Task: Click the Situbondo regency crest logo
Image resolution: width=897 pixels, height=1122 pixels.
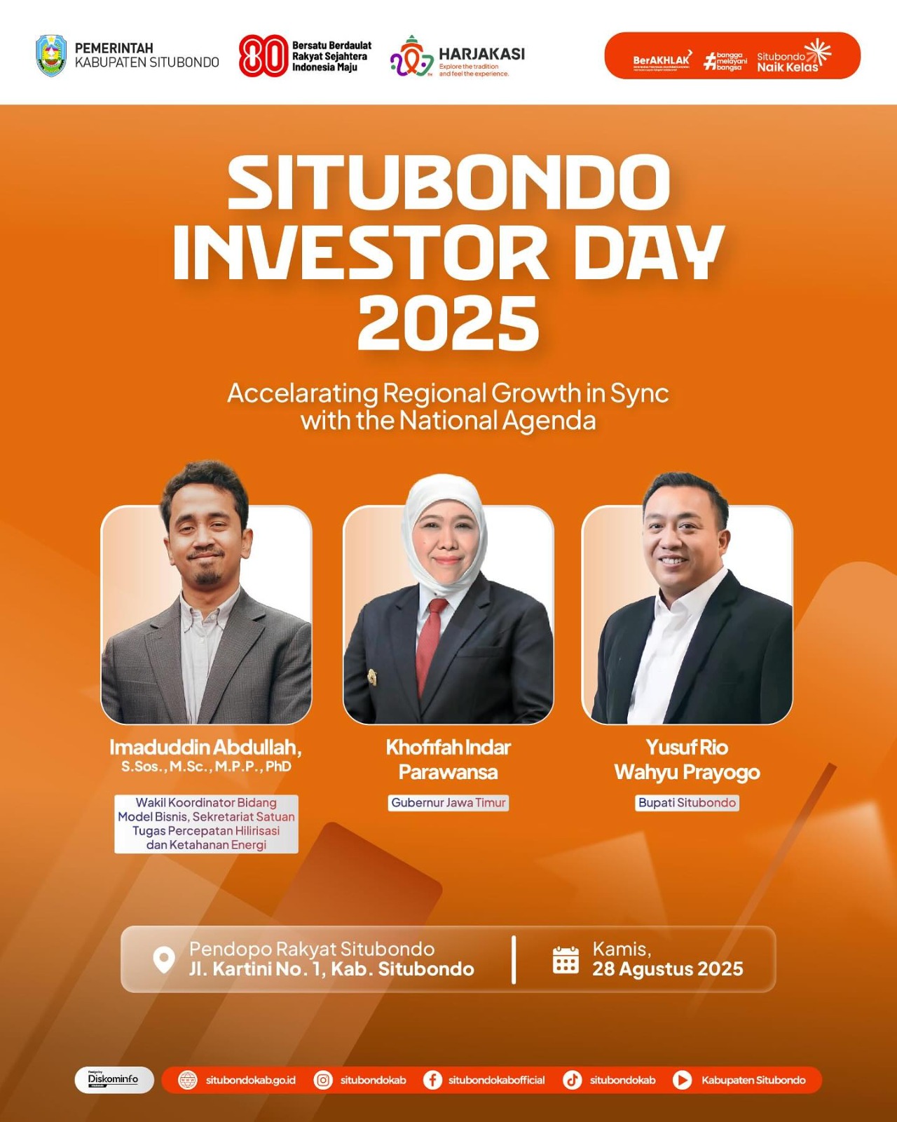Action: pyautogui.click(x=50, y=55)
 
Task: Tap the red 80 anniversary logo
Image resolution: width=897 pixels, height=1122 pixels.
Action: pyautogui.click(x=263, y=55)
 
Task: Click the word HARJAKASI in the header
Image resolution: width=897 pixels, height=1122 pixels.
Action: pyautogui.click(x=481, y=54)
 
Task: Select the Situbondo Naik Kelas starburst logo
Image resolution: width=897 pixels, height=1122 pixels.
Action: pyautogui.click(x=817, y=52)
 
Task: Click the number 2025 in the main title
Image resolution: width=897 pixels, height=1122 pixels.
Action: pyautogui.click(x=448, y=323)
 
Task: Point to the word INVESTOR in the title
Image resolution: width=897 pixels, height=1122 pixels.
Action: pyautogui.click(x=361, y=253)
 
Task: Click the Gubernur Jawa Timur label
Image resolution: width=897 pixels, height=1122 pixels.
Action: pyautogui.click(x=448, y=803)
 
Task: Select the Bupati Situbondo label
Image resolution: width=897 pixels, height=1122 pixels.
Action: pyautogui.click(x=687, y=803)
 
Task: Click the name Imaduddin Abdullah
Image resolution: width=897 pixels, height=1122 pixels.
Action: pyautogui.click(x=205, y=748)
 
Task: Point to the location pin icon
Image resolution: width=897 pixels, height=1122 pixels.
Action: pyautogui.click(x=164, y=960)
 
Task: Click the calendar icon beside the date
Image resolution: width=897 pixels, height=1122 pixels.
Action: pyautogui.click(x=566, y=960)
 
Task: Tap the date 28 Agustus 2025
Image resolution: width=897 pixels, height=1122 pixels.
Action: pyautogui.click(x=667, y=969)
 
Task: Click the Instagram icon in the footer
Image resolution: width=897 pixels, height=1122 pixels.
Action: pyautogui.click(x=323, y=1080)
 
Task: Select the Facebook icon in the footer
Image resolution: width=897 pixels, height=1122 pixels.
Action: pyautogui.click(x=432, y=1080)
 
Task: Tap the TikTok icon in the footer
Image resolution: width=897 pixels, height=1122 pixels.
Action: pyautogui.click(x=573, y=1080)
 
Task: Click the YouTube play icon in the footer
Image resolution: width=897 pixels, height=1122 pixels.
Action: pyautogui.click(x=682, y=1080)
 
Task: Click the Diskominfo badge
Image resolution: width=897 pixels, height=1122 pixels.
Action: pyautogui.click(x=114, y=1080)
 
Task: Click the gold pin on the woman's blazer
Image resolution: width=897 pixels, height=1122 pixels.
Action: pyautogui.click(x=372, y=677)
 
